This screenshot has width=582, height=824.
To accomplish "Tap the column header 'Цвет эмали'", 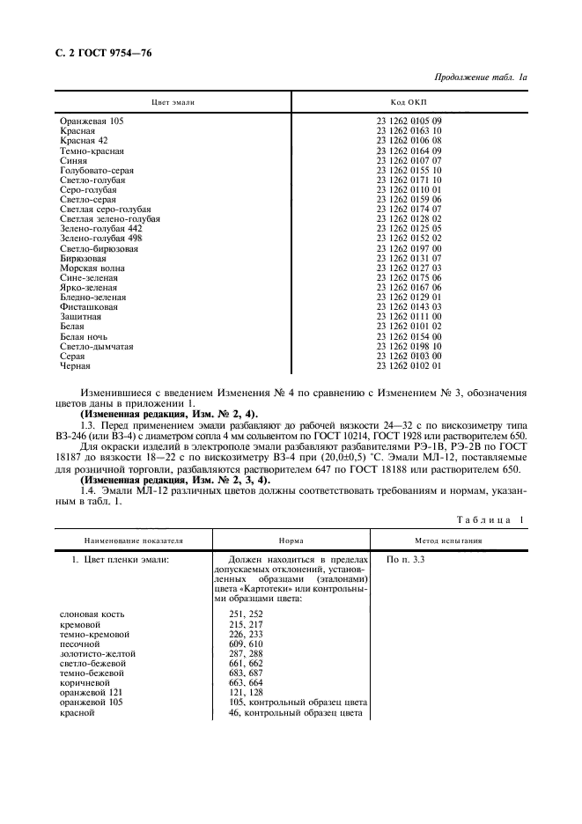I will click(x=173, y=103).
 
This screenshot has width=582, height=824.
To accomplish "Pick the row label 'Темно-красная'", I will click(x=92, y=151).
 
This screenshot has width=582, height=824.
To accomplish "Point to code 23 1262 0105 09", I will click(x=409, y=121).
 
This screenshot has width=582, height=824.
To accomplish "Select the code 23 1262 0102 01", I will click(x=409, y=365).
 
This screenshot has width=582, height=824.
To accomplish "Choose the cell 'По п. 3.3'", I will click(x=406, y=559).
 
